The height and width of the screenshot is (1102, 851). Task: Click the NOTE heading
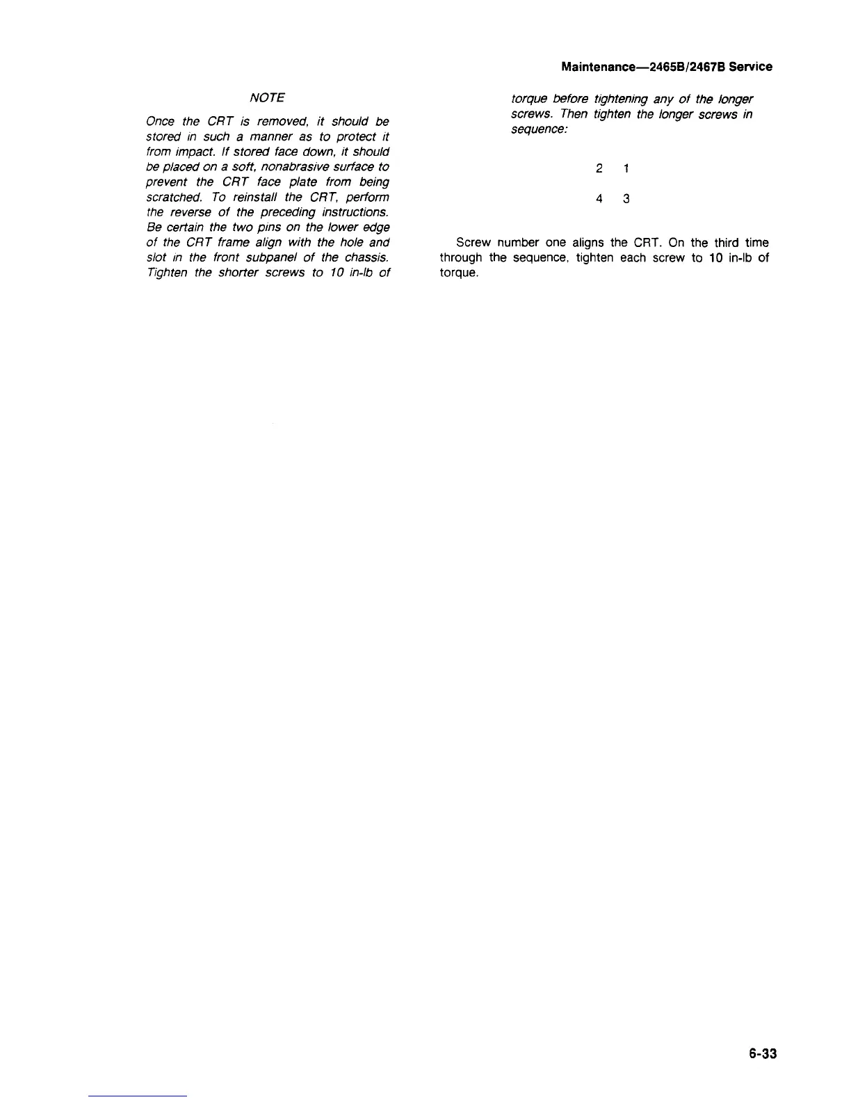pos(267,97)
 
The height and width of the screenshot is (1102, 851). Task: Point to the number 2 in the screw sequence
pos(599,168)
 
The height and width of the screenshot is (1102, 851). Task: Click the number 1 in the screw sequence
pos(626,168)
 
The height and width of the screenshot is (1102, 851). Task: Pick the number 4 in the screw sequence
pos(599,199)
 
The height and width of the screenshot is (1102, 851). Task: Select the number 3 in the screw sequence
pos(626,199)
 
